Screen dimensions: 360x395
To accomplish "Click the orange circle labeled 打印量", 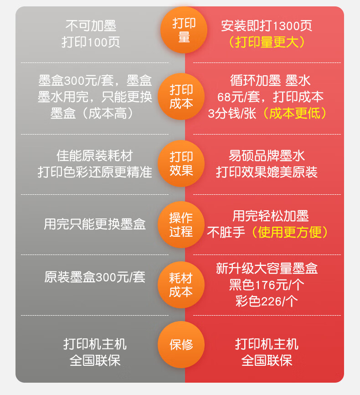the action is pyautogui.click(x=184, y=30).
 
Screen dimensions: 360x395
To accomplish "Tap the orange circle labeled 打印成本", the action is pyautogui.click(x=181, y=97).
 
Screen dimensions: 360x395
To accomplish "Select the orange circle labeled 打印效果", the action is pyautogui.click(x=181, y=163).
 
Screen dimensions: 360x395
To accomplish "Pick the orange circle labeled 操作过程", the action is pyautogui.click(x=181, y=224).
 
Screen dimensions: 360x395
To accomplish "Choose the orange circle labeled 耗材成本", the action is pyautogui.click(x=181, y=285).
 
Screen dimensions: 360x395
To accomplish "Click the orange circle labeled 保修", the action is pyautogui.click(x=181, y=345).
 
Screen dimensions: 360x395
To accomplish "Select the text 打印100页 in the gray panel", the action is pyautogui.click(x=91, y=42).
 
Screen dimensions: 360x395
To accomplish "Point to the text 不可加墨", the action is pyautogui.click(x=91, y=26).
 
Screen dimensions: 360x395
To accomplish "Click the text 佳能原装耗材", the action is pyautogui.click(x=95, y=156).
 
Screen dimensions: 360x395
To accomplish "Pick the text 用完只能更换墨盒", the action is pyautogui.click(x=95, y=224).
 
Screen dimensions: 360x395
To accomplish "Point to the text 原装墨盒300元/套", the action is pyautogui.click(x=95, y=277).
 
